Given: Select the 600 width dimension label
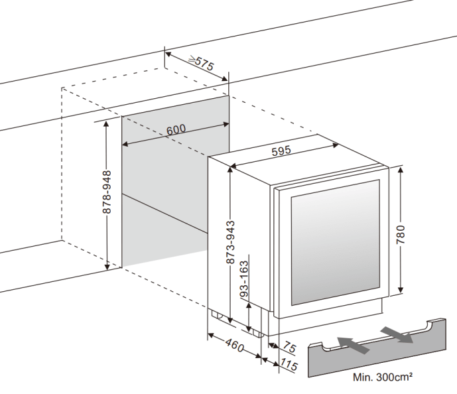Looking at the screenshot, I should pyautogui.click(x=175, y=129).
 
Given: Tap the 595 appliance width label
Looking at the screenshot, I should pyautogui.click(x=281, y=151).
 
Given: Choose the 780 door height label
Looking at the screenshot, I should pyautogui.click(x=401, y=232).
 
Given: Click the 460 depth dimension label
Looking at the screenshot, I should pyautogui.click(x=231, y=345).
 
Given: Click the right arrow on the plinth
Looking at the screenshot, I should pyautogui.click(x=398, y=334).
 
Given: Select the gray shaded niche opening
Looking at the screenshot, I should pyautogui.click(x=175, y=199).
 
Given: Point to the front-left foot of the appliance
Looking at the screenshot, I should pyautogui.click(x=216, y=316).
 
